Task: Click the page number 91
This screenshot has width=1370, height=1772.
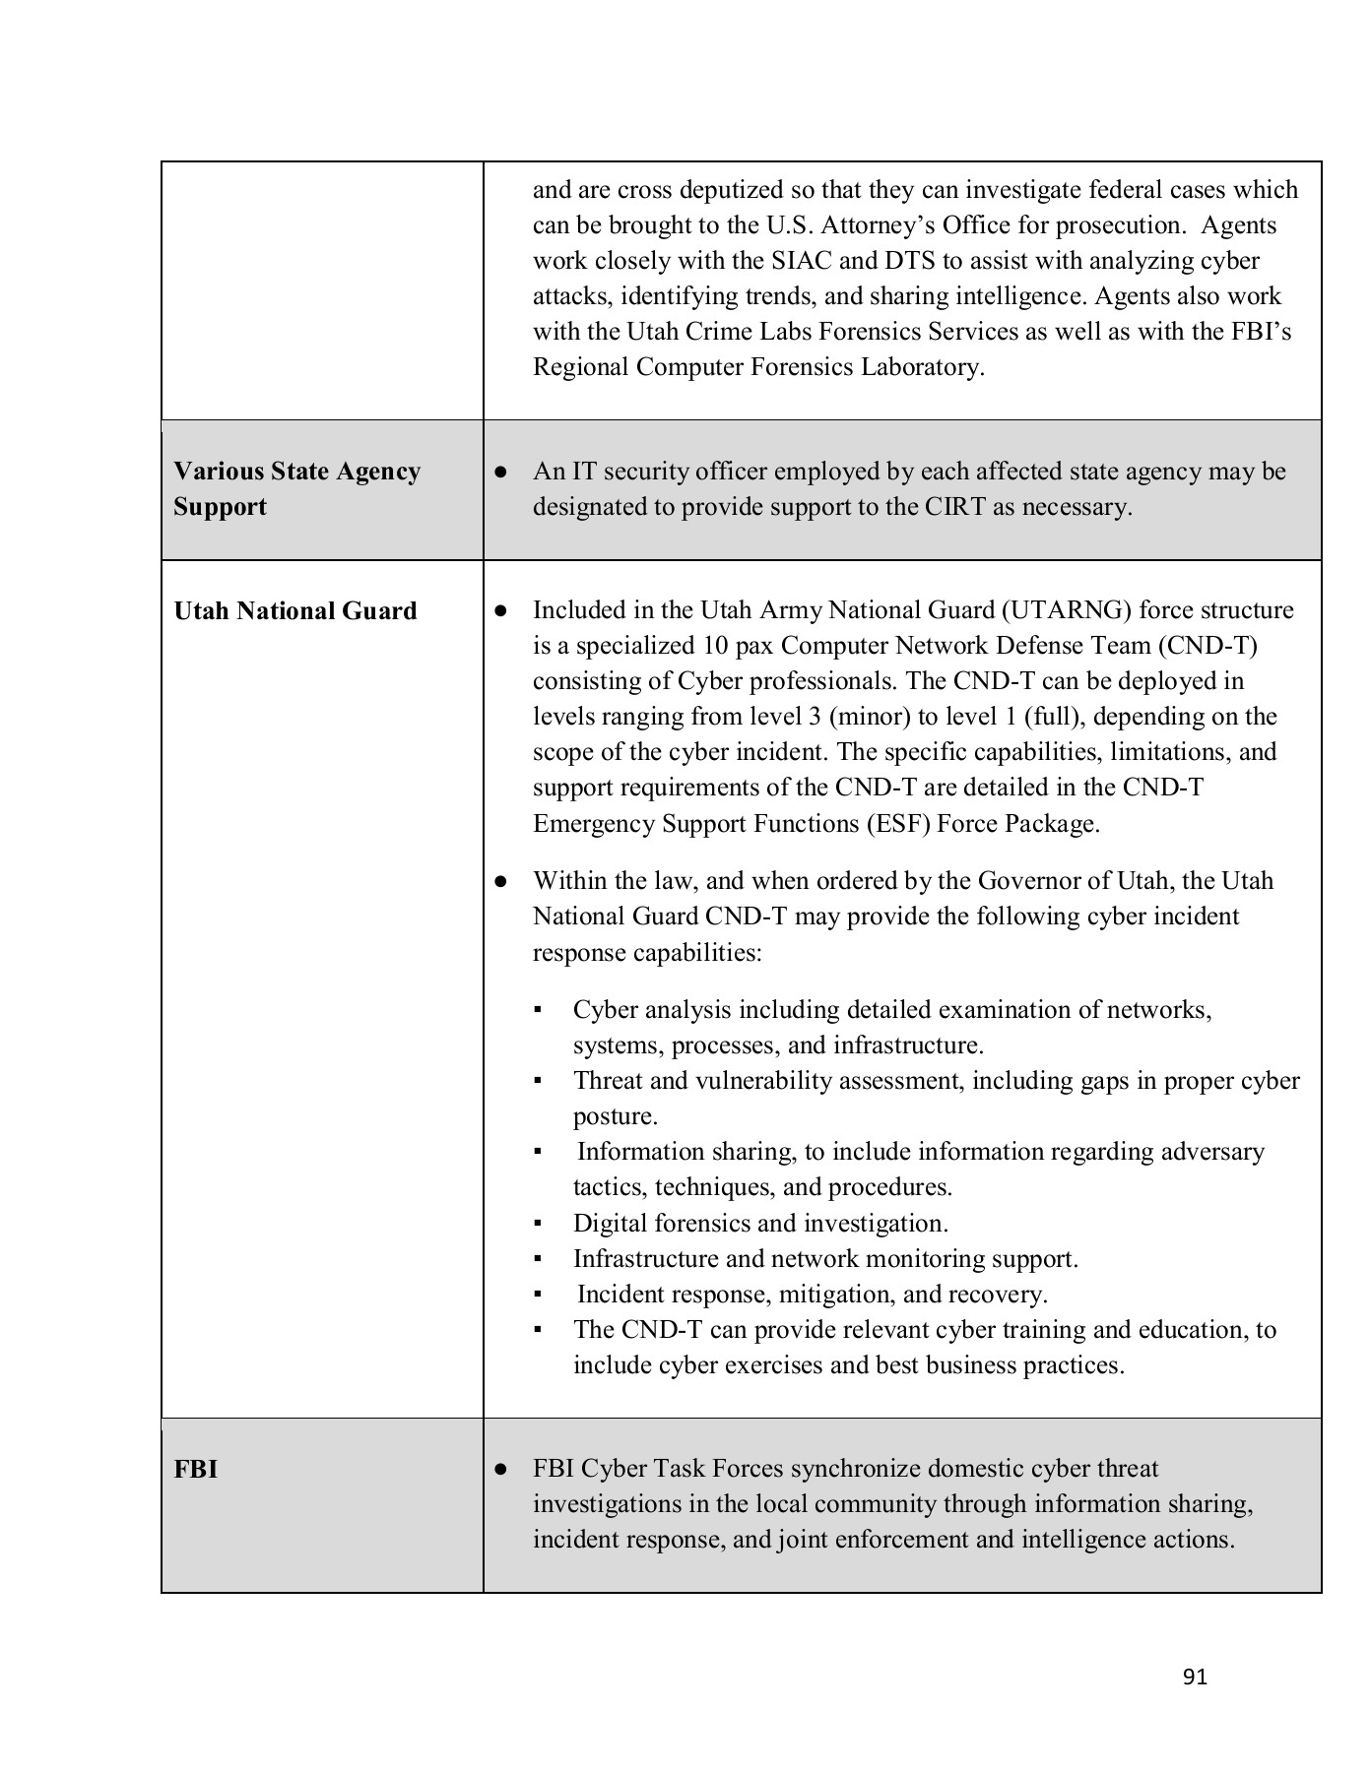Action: tap(1194, 1677)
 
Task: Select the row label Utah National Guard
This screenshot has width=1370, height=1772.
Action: tap(295, 611)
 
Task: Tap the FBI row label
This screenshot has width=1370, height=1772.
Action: tap(195, 1470)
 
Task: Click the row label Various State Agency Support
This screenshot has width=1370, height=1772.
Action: tap(296, 489)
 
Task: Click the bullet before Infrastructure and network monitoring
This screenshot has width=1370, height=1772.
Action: tap(538, 1259)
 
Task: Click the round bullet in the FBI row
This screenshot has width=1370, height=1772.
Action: tap(500, 1470)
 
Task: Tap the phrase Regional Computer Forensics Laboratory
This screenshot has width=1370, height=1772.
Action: tap(757, 367)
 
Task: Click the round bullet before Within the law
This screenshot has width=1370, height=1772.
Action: tap(500, 881)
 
